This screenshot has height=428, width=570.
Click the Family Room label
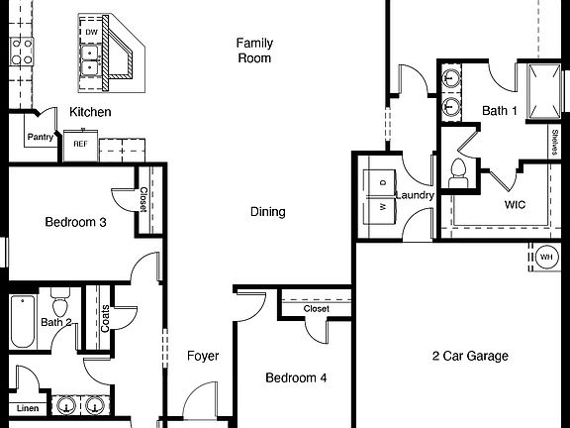[x=253, y=51]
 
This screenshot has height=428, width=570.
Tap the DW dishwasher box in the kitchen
[x=91, y=33]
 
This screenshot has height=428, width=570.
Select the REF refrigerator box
[x=80, y=145]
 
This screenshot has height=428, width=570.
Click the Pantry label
[x=40, y=138]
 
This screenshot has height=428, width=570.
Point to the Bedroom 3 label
[x=75, y=222]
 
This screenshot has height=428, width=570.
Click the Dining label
[x=267, y=212]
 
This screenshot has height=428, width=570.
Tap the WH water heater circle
[x=546, y=258]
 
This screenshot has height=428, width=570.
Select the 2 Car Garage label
[x=470, y=356]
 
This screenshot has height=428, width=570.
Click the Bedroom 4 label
[x=295, y=377]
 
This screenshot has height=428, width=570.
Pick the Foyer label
[x=203, y=356]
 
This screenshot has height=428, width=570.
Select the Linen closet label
[x=28, y=408]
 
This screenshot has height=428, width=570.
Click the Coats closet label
[x=105, y=317]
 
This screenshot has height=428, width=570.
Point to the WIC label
[x=515, y=206]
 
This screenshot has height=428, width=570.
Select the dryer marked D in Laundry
[x=382, y=183]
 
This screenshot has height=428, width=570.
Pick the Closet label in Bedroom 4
[x=316, y=309]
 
